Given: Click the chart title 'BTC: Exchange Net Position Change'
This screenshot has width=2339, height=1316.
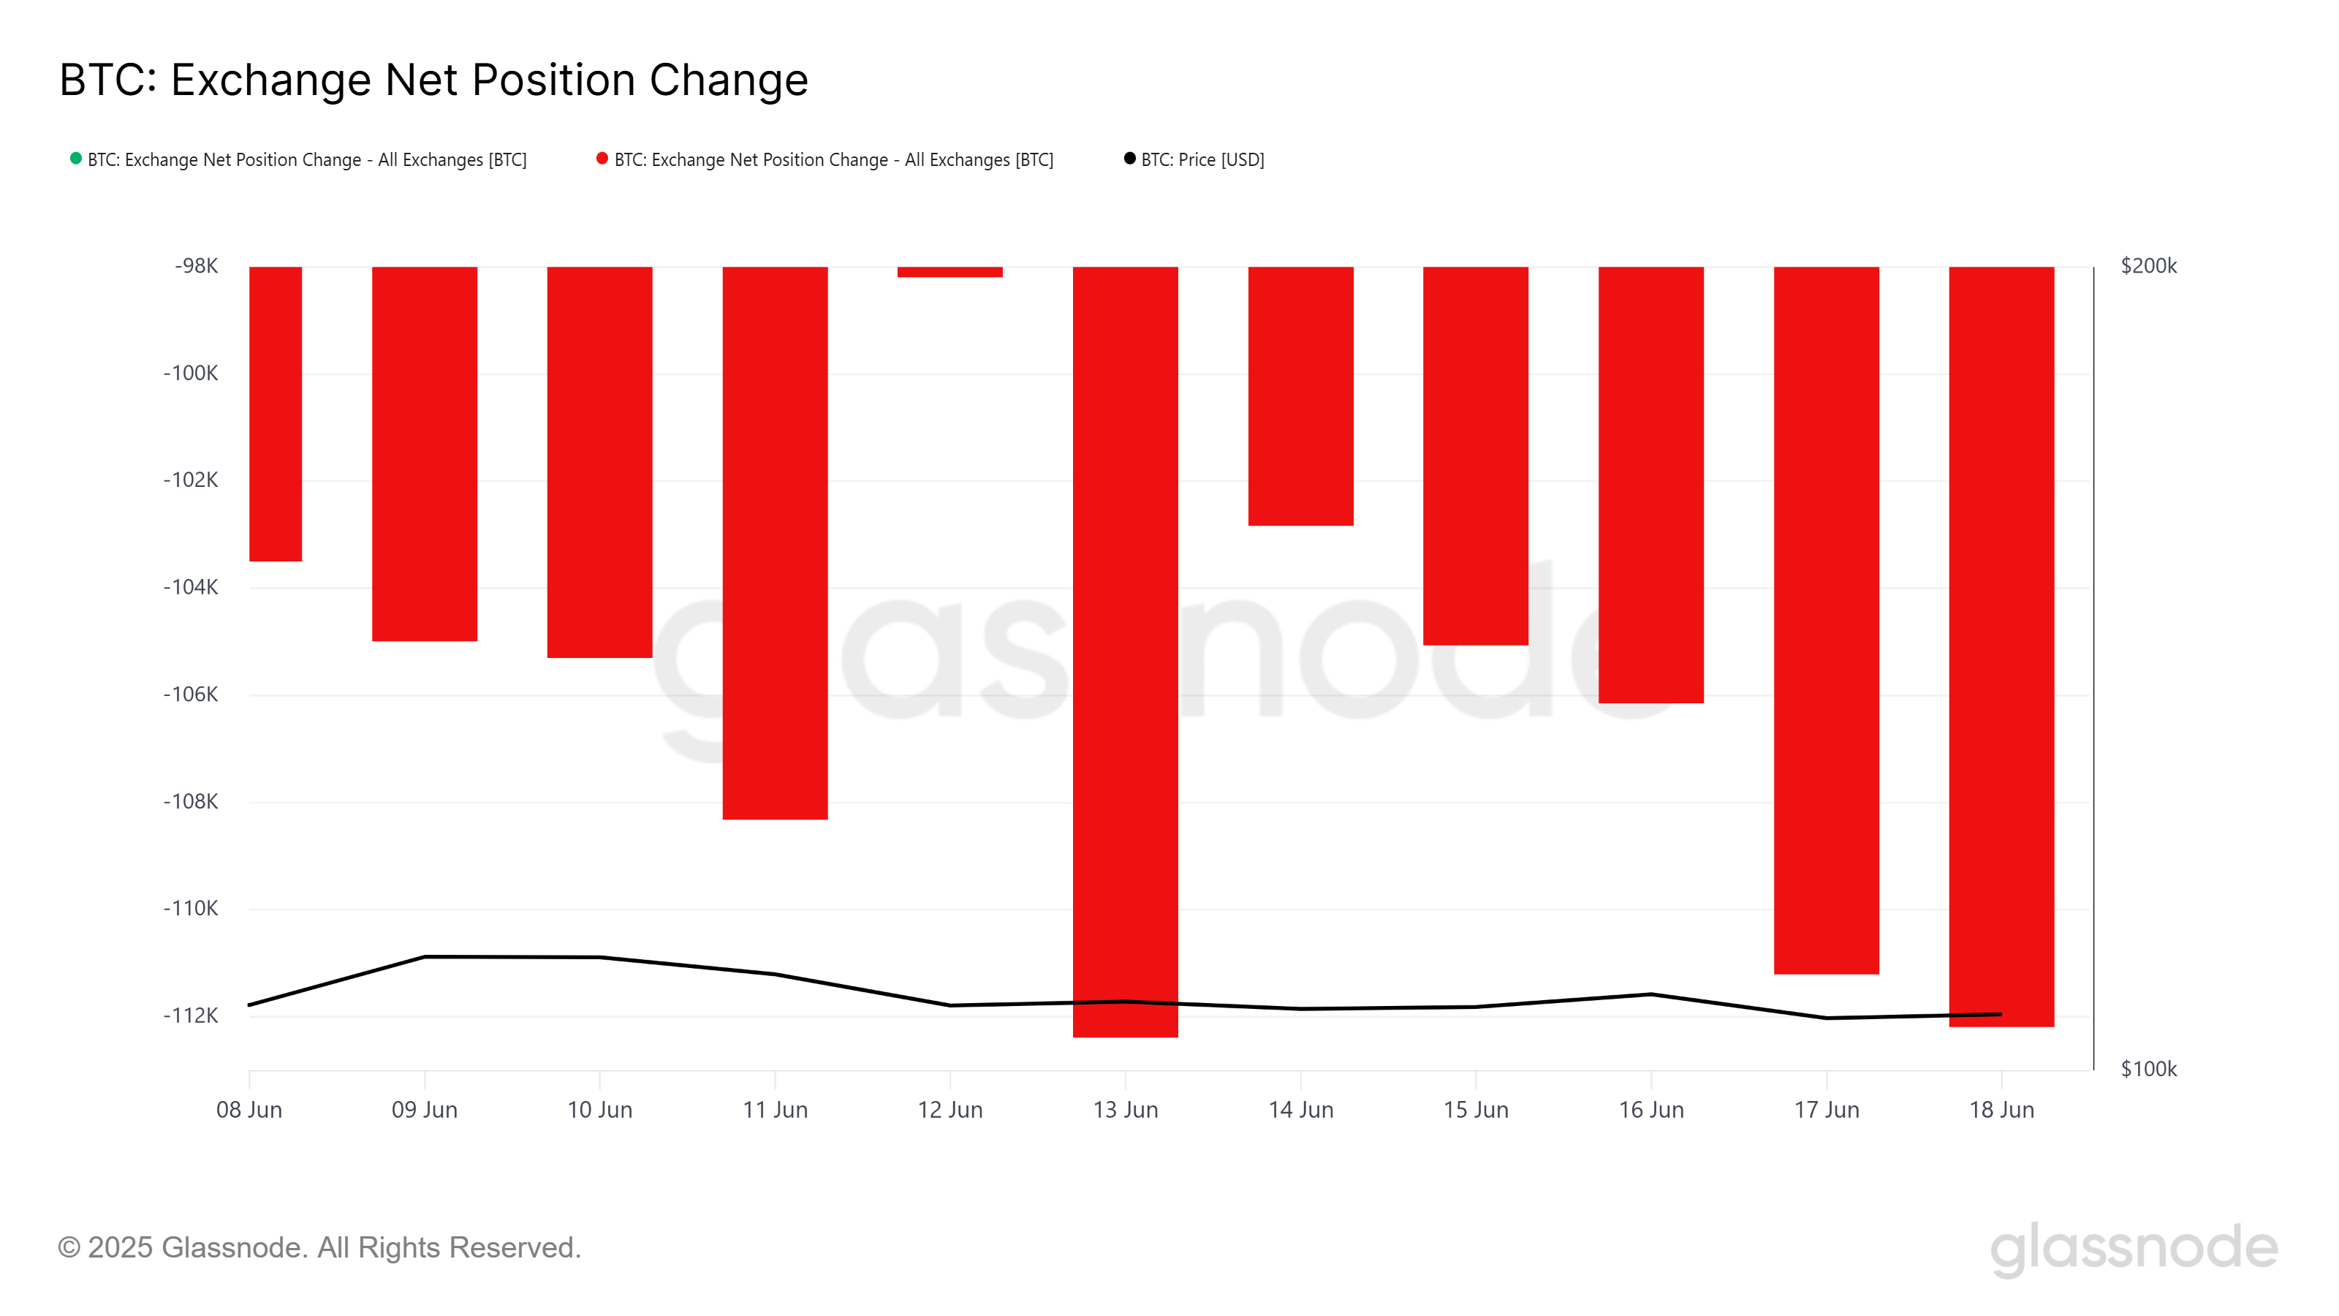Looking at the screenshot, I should tap(433, 80).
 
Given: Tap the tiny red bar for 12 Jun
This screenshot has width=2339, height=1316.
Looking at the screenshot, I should tap(949, 271).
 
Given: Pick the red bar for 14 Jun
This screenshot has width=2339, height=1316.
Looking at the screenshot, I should tap(1300, 396).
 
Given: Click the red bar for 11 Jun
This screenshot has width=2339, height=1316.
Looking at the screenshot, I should tap(775, 542).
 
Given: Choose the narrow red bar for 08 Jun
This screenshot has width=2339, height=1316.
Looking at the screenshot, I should tap(275, 413).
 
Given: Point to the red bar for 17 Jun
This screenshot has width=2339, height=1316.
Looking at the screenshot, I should tap(1826, 619).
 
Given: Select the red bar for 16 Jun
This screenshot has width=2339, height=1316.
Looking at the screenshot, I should tap(1650, 484).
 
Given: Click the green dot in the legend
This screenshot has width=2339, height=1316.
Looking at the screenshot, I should tap(76, 159).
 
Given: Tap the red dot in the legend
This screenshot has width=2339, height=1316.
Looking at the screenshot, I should tap(602, 159).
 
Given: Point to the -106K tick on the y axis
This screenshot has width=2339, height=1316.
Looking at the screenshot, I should tap(191, 695).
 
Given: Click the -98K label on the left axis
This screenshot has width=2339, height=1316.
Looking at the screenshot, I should tap(196, 266).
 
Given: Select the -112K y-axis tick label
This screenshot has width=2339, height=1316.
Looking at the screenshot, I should tap(191, 1016).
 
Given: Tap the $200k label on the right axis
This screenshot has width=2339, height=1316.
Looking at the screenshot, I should tap(2148, 266).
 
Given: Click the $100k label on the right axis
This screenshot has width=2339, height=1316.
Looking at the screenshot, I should tap(2148, 1069).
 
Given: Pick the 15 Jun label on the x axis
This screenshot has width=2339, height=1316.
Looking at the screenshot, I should tap(1476, 1110).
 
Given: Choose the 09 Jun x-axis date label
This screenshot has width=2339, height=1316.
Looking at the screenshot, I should tap(424, 1110).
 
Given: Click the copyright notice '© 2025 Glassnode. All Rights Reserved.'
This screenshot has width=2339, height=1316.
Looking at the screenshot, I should tap(319, 1248).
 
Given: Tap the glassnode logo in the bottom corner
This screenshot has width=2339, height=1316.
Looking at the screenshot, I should tap(2134, 1248).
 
